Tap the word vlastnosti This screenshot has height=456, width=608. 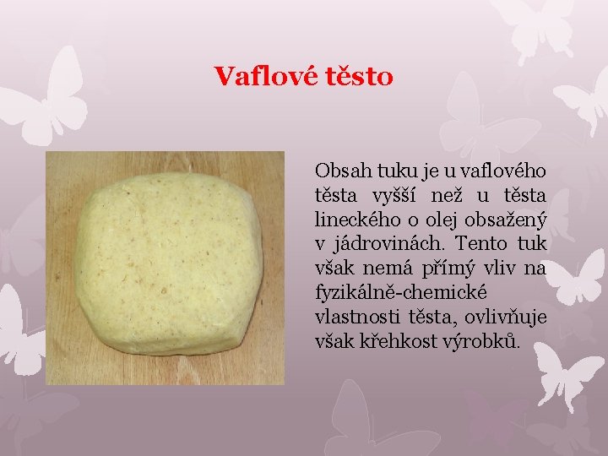(x=354, y=318)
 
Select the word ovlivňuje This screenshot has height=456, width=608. (x=508, y=318)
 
